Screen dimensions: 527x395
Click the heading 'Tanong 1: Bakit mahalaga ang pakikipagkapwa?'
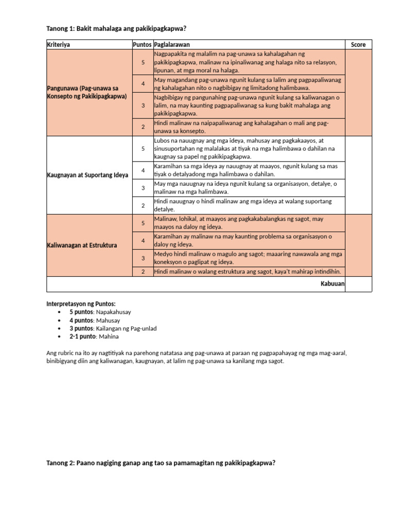pos(116,28)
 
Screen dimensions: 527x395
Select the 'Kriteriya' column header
pos(58,45)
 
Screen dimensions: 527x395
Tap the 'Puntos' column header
pos(142,45)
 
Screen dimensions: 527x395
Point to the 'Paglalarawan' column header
pos(172,45)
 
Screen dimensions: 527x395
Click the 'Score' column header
pos(358,45)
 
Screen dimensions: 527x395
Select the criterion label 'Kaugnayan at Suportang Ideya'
pos(88,175)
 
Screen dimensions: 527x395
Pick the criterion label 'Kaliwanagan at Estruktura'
pos(82,245)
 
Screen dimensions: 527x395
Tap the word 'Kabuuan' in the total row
pos(332,284)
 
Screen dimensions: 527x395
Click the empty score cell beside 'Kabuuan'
pos(358,284)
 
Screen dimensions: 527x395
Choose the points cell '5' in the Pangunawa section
pos(143,62)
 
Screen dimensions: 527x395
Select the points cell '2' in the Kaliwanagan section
pos(143,272)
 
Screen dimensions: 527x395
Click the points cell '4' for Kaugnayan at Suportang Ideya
pos(143,170)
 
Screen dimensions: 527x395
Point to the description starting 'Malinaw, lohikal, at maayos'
pos(239,223)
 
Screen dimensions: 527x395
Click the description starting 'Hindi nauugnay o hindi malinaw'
pos(243,205)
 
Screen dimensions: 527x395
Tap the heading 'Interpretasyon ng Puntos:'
pos(81,304)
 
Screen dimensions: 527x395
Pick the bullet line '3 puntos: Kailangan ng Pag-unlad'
pos(113,328)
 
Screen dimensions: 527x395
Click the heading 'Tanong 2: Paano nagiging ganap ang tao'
pos(161,463)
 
